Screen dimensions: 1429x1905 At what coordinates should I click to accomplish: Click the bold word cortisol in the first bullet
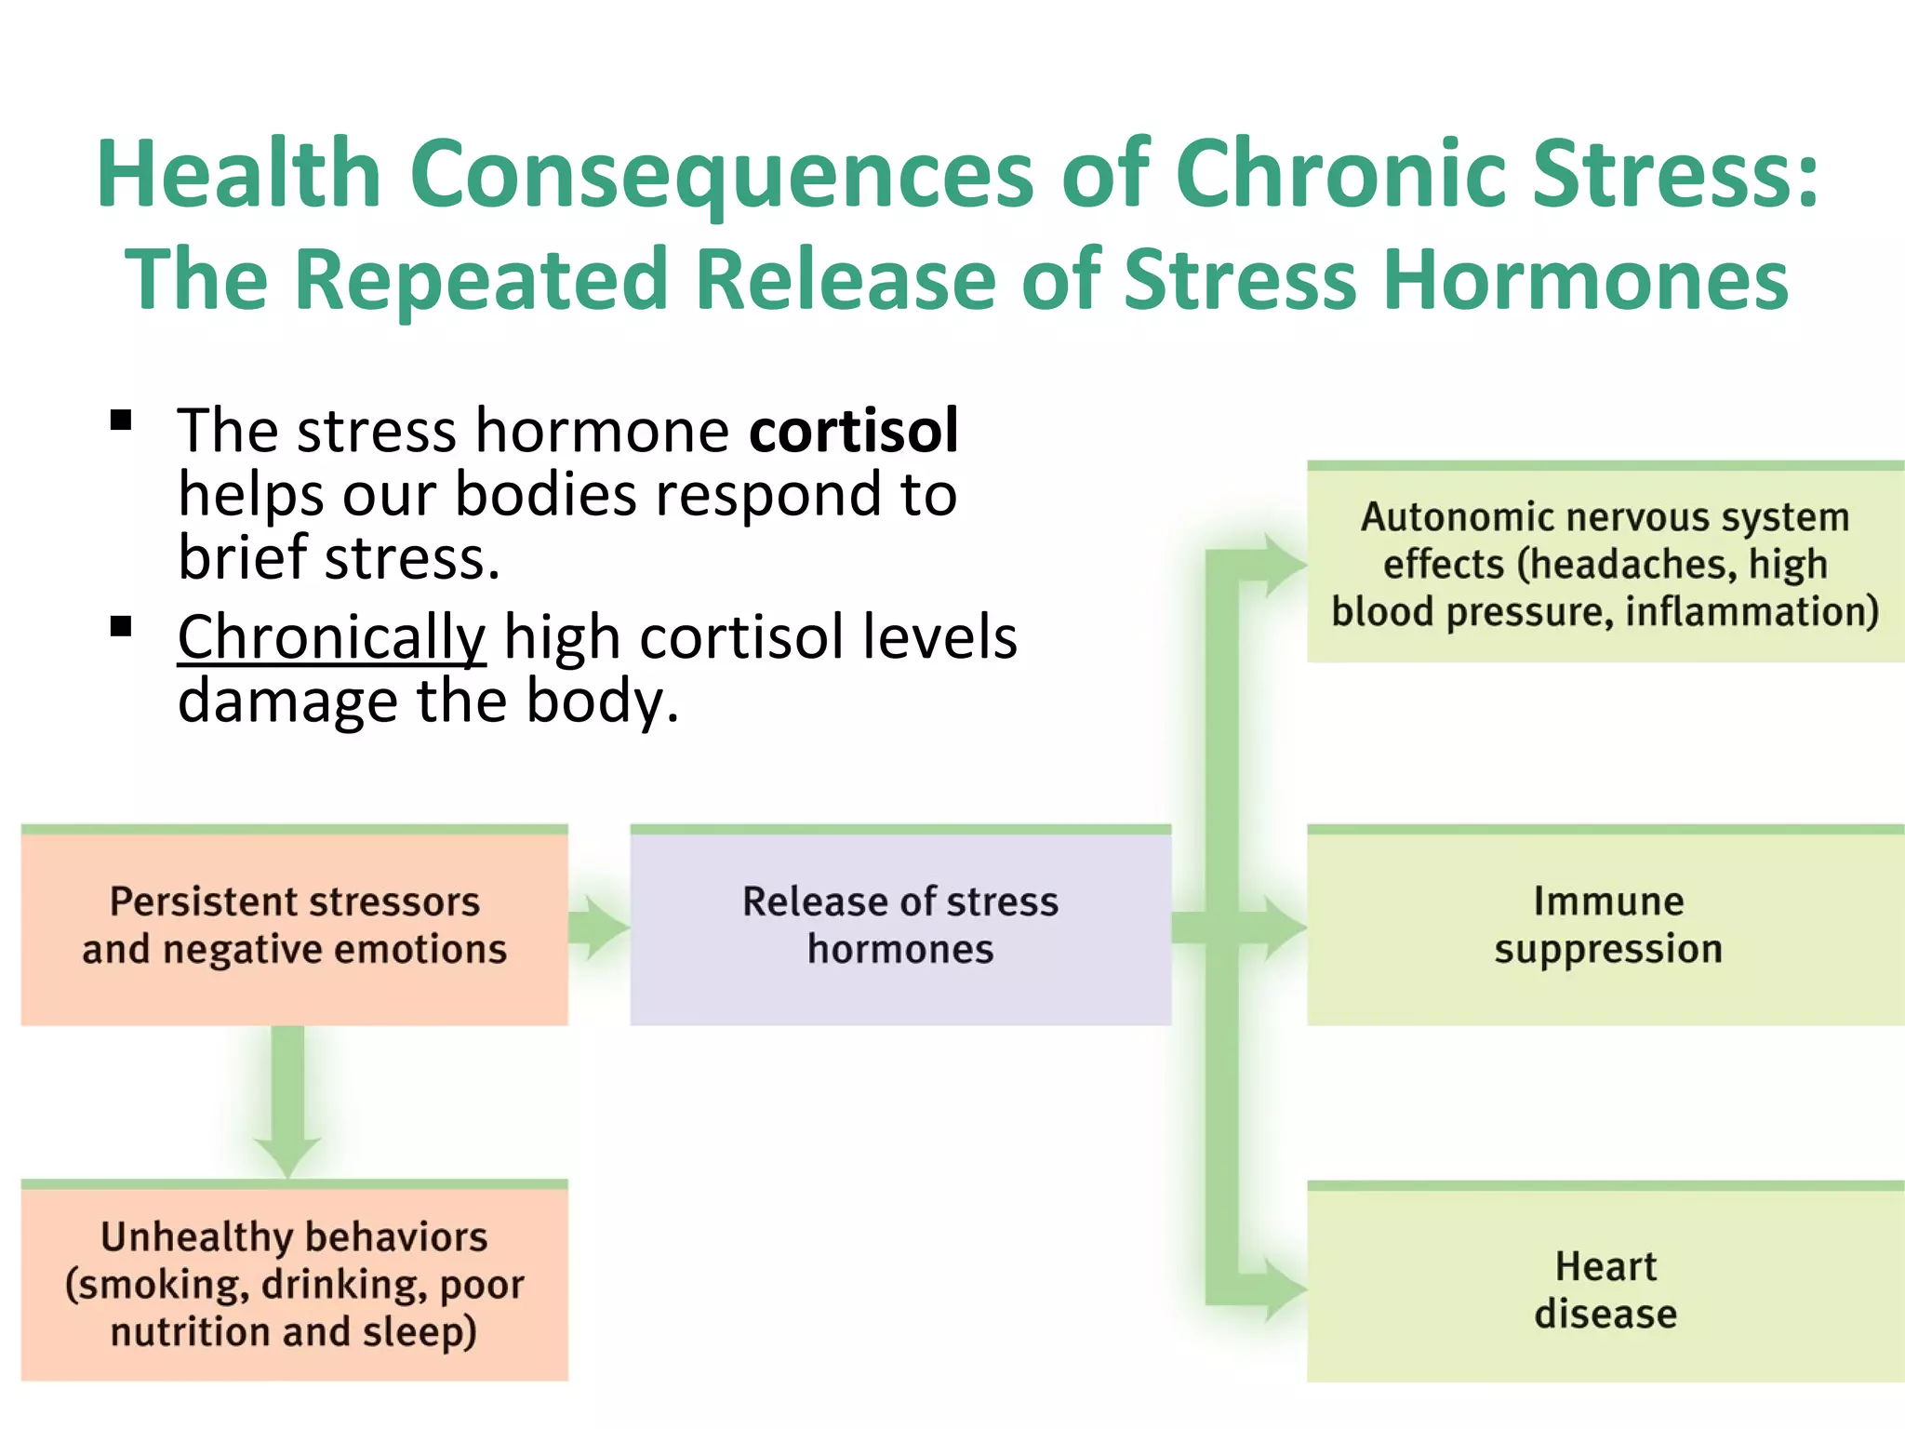click(853, 431)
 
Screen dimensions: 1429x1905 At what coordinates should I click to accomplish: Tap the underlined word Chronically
click(331, 638)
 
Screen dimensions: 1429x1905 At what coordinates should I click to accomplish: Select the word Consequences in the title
click(721, 174)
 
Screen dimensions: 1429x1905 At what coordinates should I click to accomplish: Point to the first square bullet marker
click(121, 421)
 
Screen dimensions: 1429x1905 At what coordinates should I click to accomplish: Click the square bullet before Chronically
click(121, 627)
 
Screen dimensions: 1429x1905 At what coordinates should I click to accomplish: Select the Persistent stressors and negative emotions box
click(294, 927)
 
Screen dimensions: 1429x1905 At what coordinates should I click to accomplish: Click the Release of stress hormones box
click(899, 927)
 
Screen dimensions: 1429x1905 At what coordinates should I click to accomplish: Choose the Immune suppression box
click(1606, 927)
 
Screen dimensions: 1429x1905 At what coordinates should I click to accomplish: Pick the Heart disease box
click(1606, 1288)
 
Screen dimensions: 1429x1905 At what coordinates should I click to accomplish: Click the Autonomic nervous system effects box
click(1606, 564)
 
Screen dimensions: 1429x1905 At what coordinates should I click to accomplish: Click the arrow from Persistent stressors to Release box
click(598, 927)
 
